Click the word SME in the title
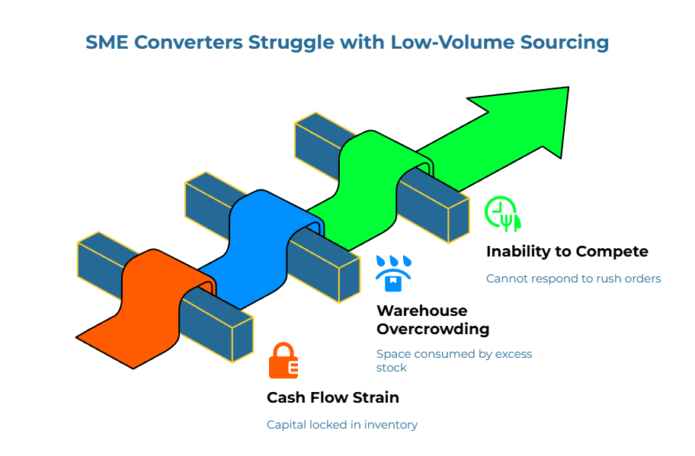click(107, 42)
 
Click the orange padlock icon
click(283, 361)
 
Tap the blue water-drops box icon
click(392, 274)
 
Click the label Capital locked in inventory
click(341, 424)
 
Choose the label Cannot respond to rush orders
click(573, 279)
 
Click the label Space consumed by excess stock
click(453, 360)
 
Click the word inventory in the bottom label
click(390, 424)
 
